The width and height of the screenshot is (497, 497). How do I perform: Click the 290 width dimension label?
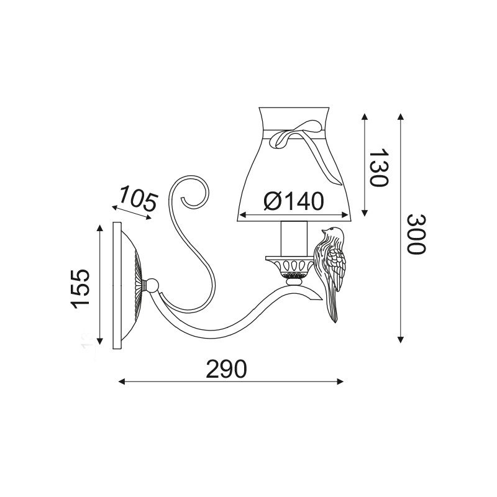tap(226, 368)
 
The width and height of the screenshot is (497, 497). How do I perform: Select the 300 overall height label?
tap(416, 234)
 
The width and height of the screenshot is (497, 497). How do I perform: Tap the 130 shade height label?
tap(379, 167)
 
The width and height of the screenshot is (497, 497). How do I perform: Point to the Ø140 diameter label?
tap(294, 201)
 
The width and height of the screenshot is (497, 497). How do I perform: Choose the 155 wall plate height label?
tap(80, 289)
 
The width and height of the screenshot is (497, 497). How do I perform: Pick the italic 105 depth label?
tap(138, 199)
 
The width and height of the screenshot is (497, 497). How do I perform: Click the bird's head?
tap(333, 234)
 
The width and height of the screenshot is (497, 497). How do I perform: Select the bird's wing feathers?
tap(337, 268)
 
